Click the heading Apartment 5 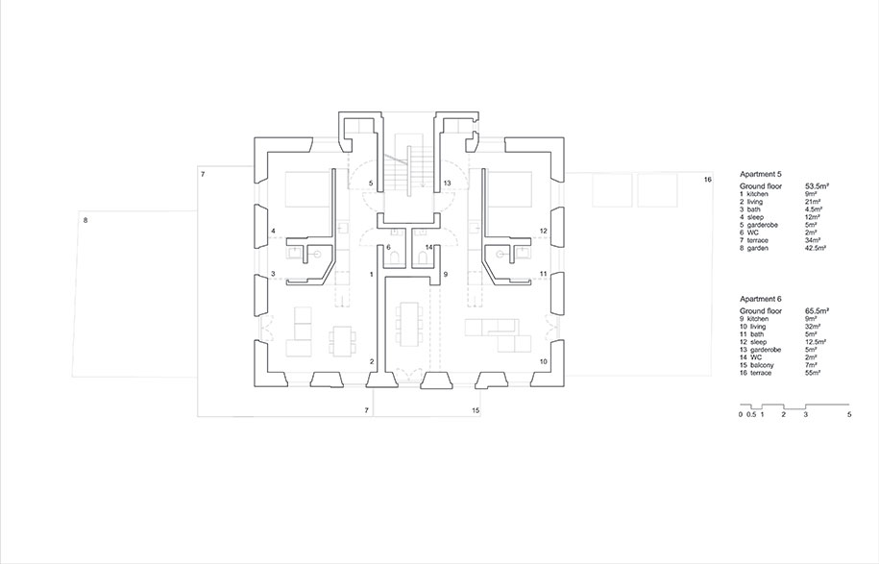coord(761,174)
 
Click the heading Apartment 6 coord(761,300)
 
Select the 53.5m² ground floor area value coord(818,185)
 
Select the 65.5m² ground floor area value coord(818,310)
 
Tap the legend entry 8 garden coord(754,248)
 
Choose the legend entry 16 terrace coord(755,373)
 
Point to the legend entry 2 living coord(751,201)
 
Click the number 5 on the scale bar coord(849,415)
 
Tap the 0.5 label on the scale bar coord(751,415)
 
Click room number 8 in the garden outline coord(85,220)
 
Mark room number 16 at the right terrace coord(707,180)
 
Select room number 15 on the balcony coord(476,410)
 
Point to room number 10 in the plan coord(543,361)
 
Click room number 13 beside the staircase coord(447,183)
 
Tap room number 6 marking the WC coord(388,247)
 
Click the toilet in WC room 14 coord(422,257)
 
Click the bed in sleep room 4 coord(307,190)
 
